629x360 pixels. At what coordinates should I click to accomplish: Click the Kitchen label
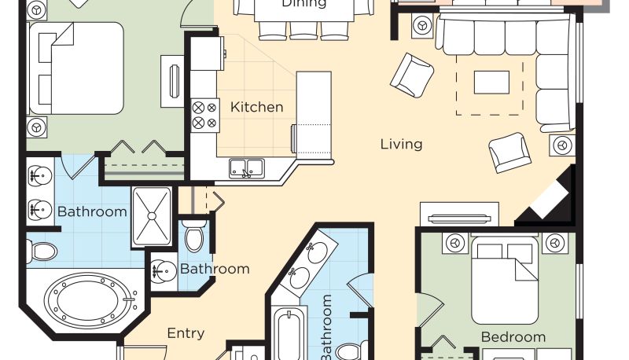[257, 107]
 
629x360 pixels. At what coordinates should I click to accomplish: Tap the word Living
[401, 145]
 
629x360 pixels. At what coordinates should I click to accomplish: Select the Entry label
[186, 333]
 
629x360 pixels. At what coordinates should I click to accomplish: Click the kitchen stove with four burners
[205, 115]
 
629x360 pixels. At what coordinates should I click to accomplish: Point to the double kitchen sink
[247, 168]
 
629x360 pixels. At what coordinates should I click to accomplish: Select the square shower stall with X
[152, 216]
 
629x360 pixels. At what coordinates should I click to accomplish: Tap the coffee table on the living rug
[491, 83]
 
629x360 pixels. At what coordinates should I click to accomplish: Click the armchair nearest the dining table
[412, 75]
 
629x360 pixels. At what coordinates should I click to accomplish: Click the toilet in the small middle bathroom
[194, 236]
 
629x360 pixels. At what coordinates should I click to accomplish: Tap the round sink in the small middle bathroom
[164, 271]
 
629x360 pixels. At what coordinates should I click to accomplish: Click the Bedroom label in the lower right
[513, 337]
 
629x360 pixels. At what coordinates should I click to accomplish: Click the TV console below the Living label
[459, 215]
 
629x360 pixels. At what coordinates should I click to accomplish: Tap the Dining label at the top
[303, 4]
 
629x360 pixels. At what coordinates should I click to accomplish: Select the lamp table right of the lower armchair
[562, 145]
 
